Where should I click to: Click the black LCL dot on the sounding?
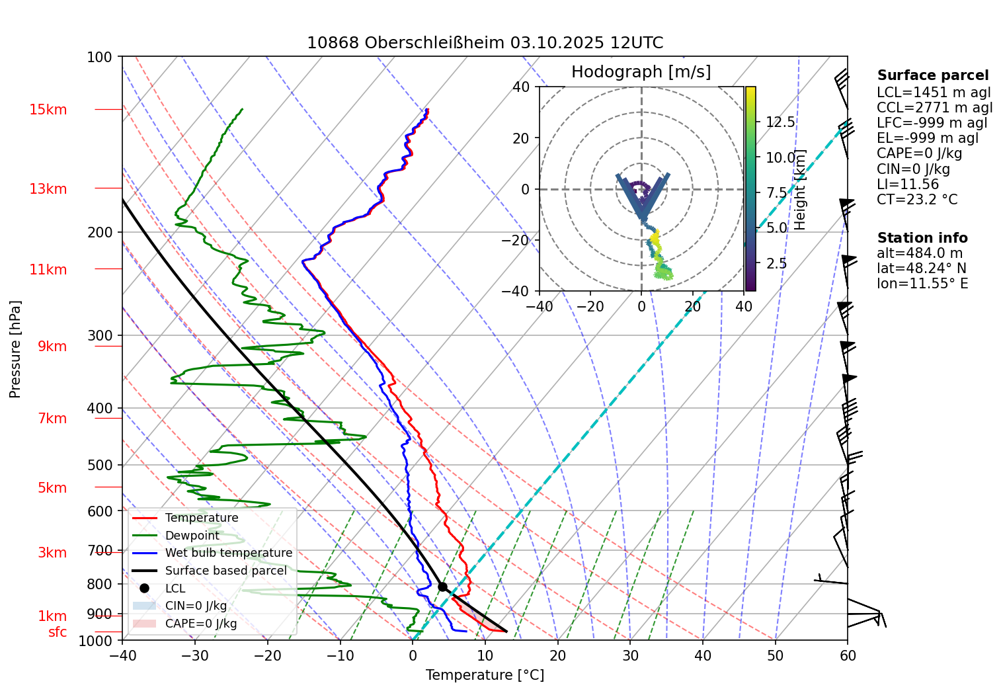[x=442, y=587]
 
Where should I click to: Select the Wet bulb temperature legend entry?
[x=228, y=553]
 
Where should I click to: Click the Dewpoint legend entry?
[x=192, y=536]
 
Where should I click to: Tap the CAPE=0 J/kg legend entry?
[x=200, y=624]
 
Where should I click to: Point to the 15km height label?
[x=48, y=110]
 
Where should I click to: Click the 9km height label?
[x=52, y=347]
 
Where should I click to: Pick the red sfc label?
[x=58, y=632]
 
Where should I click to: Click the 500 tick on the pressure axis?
[x=100, y=466]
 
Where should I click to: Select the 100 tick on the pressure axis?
[x=100, y=58]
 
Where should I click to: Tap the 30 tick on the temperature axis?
[x=630, y=656]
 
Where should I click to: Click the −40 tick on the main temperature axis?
[x=122, y=656]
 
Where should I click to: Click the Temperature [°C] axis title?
[x=485, y=675]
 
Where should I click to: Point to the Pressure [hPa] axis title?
[x=15, y=349]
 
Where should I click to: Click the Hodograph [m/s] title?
[x=641, y=72]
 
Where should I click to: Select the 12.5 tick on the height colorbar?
[x=780, y=122]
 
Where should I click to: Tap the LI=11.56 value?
[x=907, y=184]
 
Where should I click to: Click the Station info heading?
[x=922, y=238]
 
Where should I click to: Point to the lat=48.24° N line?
[x=921, y=268]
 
